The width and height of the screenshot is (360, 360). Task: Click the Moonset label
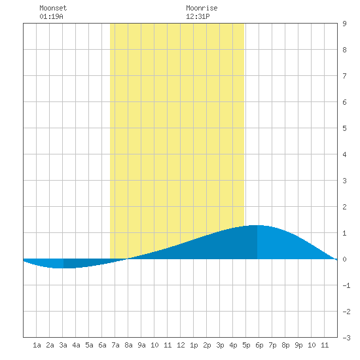pos(53,8)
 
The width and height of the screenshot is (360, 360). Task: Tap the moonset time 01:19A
pos(51,16)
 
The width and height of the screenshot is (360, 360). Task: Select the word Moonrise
pos(202,8)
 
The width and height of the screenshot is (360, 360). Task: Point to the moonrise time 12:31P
pos(198,16)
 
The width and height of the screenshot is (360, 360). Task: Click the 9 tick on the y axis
pos(344,24)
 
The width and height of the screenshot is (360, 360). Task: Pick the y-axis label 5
pos(344,128)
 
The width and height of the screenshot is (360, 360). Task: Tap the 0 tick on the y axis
pos(344,259)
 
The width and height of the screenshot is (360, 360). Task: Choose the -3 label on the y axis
pos(346,338)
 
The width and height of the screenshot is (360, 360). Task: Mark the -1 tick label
pos(346,285)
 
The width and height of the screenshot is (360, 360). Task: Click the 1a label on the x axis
pos(37,345)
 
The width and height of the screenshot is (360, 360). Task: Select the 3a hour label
pos(63,345)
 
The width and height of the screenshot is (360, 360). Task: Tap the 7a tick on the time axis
pos(115,345)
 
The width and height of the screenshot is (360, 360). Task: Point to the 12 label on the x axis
pos(181,345)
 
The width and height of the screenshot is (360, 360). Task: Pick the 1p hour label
pos(194,345)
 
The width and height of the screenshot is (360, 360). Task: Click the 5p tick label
pos(246,345)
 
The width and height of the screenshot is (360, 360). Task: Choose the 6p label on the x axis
pos(259,345)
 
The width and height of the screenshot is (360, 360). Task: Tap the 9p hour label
pos(298,345)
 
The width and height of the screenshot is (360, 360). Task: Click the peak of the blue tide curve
pos(257,225)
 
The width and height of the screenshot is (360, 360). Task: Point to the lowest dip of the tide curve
pos(63,268)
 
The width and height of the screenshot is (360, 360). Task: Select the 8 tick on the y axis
pos(344,50)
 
